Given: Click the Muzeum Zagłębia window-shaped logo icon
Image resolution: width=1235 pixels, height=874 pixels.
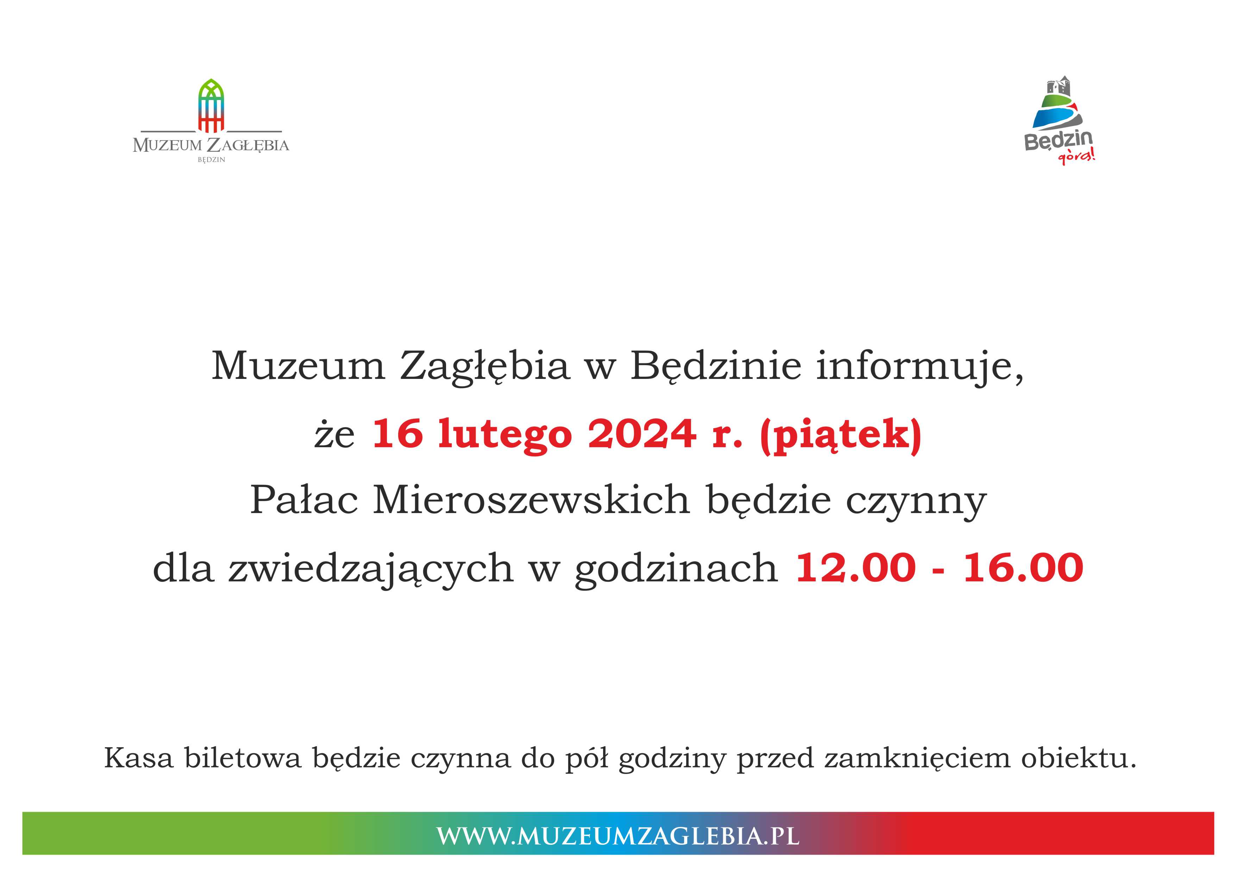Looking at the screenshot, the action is pyautogui.click(x=211, y=106).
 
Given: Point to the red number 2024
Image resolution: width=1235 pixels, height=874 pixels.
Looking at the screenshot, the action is pyautogui.click(x=642, y=434).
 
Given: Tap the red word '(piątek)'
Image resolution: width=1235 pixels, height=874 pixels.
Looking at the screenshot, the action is pyautogui.click(x=841, y=436).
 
